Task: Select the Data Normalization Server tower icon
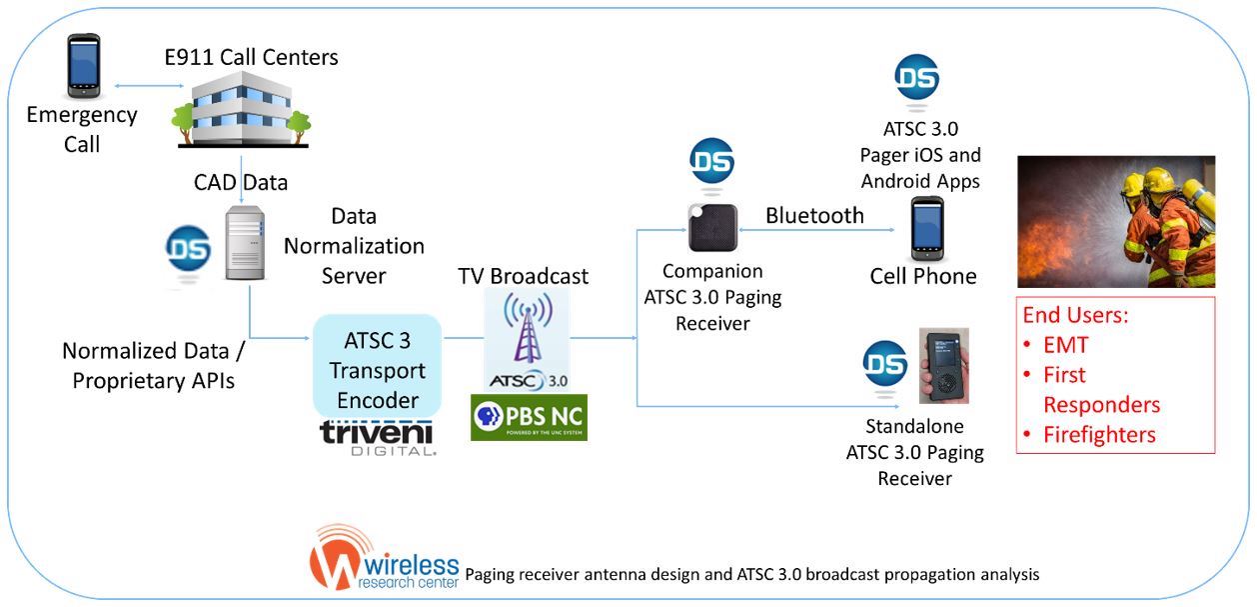pos(244,242)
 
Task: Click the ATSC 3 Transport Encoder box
pos(378,366)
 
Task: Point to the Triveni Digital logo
pos(378,438)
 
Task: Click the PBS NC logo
pos(529,417)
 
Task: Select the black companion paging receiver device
pos(712,228)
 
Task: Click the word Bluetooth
pos(814,216)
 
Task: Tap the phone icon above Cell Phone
pos(926,228)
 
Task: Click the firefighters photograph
pos(1115,221)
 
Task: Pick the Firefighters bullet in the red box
pos(1099,435)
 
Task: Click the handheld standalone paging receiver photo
pos(944,365)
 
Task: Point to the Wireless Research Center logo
pos(385,557)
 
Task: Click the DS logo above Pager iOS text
pos(917,78)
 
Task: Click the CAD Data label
pos(240,183)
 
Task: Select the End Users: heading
pos(1075,315)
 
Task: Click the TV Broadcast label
pos(523,276)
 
